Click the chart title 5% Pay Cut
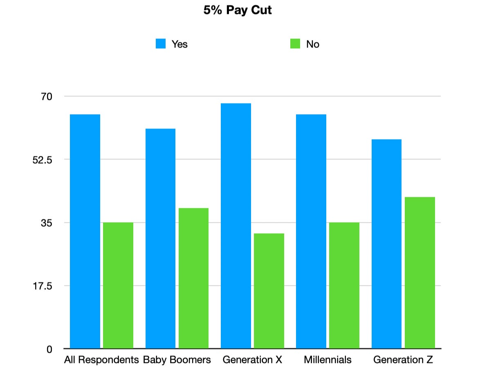238,10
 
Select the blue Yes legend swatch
161,44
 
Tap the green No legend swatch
295,44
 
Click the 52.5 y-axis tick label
42,160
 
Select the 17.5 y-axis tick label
42,286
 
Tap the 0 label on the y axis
49,349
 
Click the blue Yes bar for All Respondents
85,231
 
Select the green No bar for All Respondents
118,285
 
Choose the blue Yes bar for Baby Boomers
160,239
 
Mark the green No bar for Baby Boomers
193,278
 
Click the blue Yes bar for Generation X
236,226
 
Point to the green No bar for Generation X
269,291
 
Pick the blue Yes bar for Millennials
311,231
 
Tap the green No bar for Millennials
344,285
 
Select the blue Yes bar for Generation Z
386,244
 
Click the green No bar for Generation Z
420,273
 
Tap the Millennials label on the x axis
328,360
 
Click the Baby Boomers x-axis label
177,360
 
